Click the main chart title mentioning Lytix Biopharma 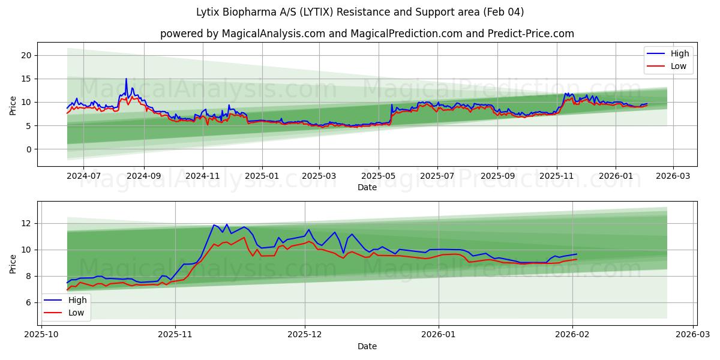click(x=360, y=12)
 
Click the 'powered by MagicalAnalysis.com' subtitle click(x=367, y=34)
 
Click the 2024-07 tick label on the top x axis click(x=83, y=176)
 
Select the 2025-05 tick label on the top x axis click(x=378, y=176)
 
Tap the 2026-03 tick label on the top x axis click(x=673, y=176)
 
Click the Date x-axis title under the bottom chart click(x=367, y=346)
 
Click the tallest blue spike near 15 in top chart click(x=126, y=79)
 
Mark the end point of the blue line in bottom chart click(x=577, y=254)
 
